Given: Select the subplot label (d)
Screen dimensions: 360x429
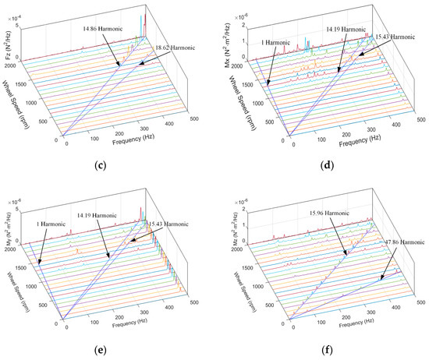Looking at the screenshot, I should [x=324, y=164].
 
